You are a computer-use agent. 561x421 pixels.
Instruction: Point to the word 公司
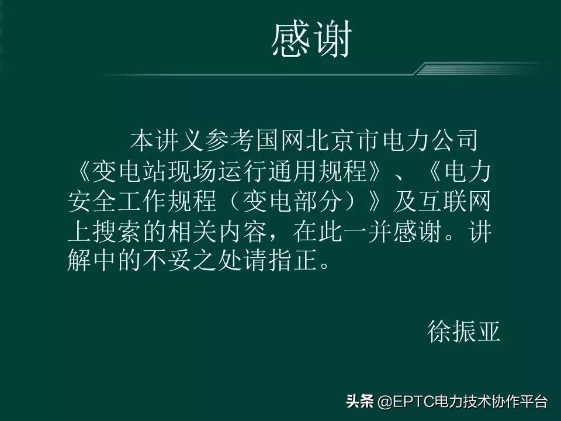pos(462,141)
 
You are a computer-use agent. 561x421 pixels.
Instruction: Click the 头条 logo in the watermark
pos(360,403)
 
